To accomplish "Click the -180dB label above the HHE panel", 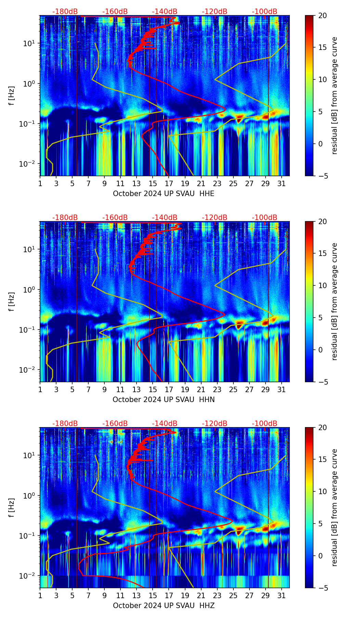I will tap(65, 12).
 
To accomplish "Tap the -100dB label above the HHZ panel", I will tap(265, 424).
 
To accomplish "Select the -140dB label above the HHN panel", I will tap(165, 218).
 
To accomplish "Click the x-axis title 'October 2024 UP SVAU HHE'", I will tap(164, 194).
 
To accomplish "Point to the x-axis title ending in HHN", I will tap(164, 400).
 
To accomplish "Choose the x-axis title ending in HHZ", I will tap(164, 606).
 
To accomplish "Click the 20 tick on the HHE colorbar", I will tap(323, 16).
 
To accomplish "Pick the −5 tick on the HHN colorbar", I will tap(323, 382).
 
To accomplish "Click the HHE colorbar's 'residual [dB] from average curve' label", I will tap(334, 95).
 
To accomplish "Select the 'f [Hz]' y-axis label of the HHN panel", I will tap(12, 301).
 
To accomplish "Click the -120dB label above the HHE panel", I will tap(215, 12).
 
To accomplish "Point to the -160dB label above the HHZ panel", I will tap(115, 424).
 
